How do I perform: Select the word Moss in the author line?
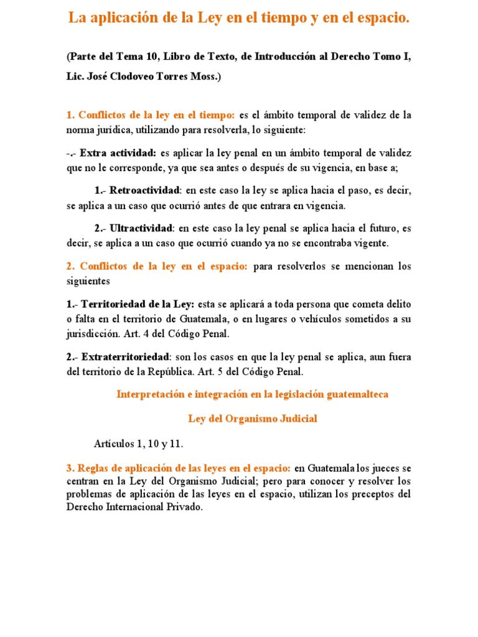pos(202,77)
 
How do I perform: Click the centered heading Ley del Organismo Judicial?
pos(253,419)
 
